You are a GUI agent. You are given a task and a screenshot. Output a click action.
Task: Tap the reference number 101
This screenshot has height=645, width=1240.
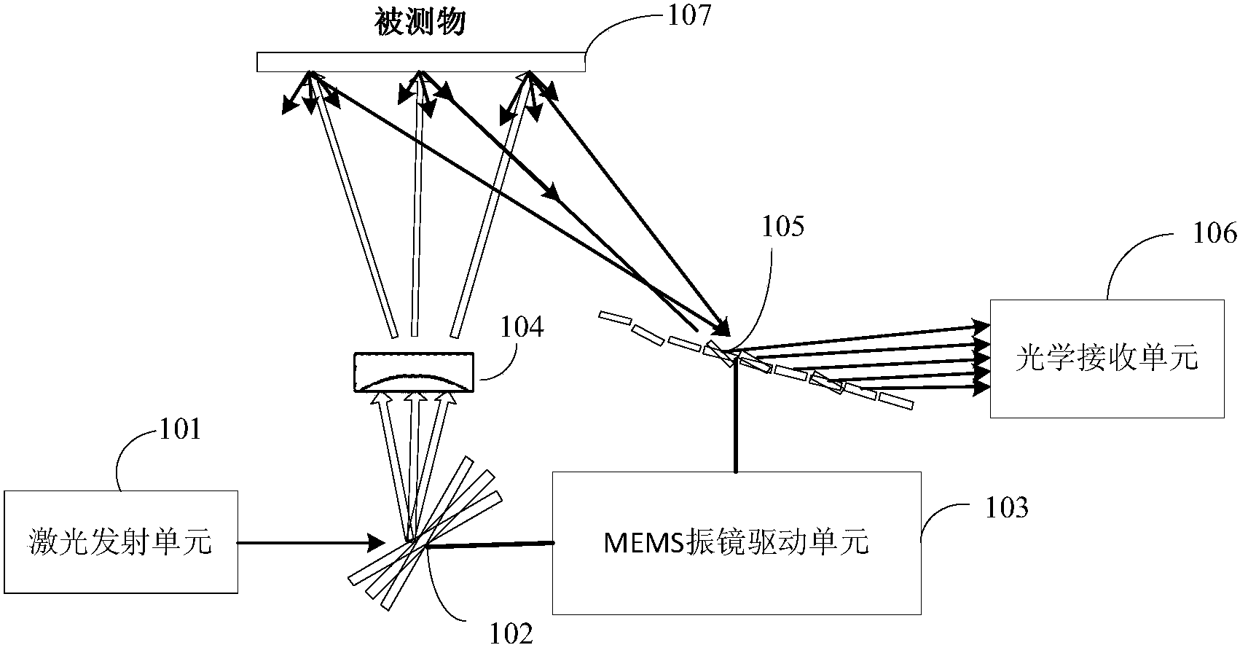(x=180, y=430)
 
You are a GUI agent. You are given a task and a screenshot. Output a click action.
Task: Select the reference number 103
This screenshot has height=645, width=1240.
(x=1007, y=508)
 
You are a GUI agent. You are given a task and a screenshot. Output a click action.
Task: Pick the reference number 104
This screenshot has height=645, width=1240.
(x=522, y=328)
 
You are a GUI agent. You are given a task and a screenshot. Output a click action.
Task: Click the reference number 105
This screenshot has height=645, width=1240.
(x=783, y=228)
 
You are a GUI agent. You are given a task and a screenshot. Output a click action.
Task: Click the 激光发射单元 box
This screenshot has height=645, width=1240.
(x=121, y=542)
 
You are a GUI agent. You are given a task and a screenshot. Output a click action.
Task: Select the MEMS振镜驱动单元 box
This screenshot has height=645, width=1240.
(x=736, y=542)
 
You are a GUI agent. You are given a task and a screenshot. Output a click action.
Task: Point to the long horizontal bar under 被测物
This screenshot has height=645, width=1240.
(x=420, y=63)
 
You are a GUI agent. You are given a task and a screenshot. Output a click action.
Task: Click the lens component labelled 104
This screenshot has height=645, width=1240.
(x=413, y=372)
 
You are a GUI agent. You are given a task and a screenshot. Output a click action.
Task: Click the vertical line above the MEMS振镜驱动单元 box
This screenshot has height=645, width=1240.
(x=736, y=416)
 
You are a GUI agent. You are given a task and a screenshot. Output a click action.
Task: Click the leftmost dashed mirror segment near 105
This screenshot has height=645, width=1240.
(x=613, y=317)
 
